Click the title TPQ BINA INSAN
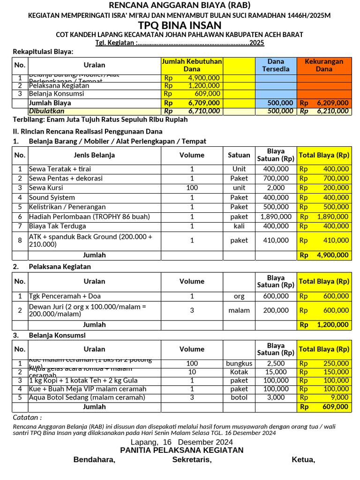click(180, 26)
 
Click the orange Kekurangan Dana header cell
click(324, 65)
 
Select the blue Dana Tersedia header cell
click(276, 65)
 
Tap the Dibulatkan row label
click(47, 111)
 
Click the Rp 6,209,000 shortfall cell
click(324, 103)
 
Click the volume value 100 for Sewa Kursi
click(192, 187)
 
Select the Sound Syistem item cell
click(52, 197)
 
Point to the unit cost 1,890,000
click(276, 217)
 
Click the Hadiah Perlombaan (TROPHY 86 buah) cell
click(89, 217)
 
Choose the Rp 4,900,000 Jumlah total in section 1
click(324, 255)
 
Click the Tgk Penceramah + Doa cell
click(64, 296)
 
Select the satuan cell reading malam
click(239, 310)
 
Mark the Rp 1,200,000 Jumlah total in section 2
click(324, 324)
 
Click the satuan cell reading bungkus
click(239, 363)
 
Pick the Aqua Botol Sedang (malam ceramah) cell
click(87, 397)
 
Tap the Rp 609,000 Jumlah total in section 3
click(324, 406)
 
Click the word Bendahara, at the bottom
click(94, 460)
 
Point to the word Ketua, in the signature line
click(303, 460)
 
